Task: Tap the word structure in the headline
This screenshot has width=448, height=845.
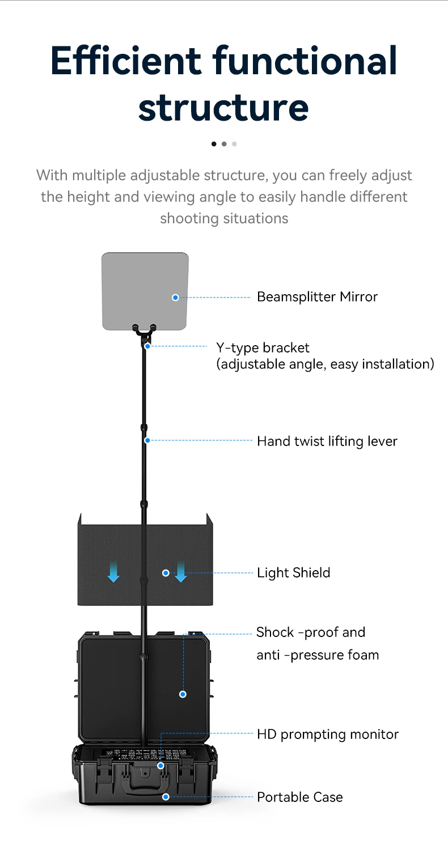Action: click(223, 107)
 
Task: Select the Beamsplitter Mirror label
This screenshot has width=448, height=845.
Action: click(317, 297)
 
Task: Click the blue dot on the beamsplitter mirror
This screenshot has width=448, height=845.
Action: click(175, 297)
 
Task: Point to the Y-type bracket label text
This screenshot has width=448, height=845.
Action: click(263, 347)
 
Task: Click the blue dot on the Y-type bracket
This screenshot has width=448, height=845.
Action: click(147, 346)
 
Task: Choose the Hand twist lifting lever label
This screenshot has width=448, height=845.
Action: click(327, 441)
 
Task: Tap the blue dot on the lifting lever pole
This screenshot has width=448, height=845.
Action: click(147, 440)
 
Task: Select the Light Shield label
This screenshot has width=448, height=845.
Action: click(293, 573)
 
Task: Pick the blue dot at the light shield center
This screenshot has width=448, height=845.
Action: click(166, 573)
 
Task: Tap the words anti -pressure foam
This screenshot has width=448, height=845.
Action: click(318, 655)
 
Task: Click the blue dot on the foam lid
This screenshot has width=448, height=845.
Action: click(183, 694)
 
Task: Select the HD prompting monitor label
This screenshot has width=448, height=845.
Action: click(328, 734)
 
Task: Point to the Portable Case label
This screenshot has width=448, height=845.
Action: click(299, 797)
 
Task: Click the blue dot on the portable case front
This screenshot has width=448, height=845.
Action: click(166, 797)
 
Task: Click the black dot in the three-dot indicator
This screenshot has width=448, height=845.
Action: click(214, 144)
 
